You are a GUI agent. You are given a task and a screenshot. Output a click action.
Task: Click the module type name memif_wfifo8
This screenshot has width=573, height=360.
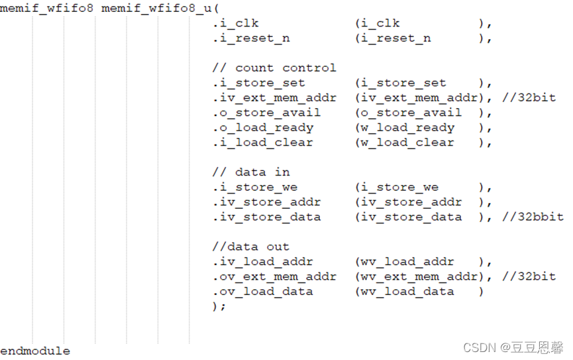[x=47, y=9]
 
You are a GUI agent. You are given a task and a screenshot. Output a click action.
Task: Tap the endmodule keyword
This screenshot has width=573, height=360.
[x=35, y=351]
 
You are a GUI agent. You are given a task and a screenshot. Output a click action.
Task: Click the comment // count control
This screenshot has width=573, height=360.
[x=274, y=68]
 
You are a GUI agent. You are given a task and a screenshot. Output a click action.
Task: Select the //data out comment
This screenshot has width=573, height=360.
[x=251, y=247]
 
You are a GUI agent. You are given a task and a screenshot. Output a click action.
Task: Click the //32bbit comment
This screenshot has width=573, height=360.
[x=533, y=217]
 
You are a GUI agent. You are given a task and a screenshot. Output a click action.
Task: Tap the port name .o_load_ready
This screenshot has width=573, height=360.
[x=263, y=128]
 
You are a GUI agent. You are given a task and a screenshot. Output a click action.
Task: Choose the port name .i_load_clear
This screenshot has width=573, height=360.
[x=263, y=143]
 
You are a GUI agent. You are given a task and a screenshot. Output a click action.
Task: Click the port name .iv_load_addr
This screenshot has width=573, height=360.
[x=263, y=262]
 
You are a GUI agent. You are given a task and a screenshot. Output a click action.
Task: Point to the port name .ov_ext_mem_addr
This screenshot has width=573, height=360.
[x=274, y=276]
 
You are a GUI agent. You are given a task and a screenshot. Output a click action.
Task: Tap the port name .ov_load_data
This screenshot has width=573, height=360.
[x=263, y=291]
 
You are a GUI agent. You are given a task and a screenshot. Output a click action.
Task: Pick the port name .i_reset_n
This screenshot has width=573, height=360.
[x=251, y=38]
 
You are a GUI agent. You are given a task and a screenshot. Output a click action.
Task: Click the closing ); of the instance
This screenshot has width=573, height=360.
[x=219, y=306]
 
